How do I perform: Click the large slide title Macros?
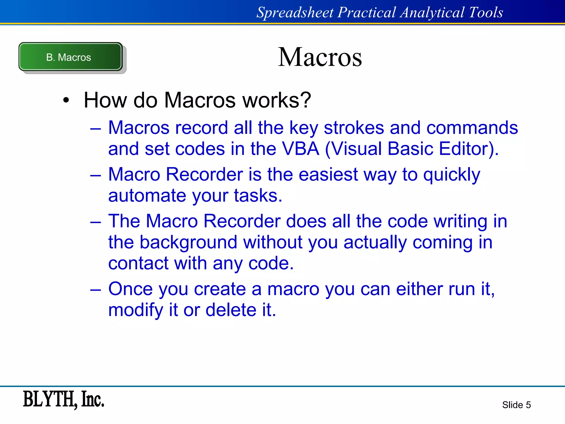[320, 57]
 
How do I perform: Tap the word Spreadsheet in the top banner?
[295, 12]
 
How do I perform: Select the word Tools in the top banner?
[486, 12]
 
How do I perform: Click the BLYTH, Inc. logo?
[63, 399]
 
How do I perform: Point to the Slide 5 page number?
[516, 405]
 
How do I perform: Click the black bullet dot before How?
[66, 100]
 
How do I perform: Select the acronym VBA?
[300, 149]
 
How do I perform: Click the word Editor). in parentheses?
[469, 149]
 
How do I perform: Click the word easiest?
[328, 174]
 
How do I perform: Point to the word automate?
[147, 195]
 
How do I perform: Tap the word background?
[188, 242]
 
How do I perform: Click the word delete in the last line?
[231, 310]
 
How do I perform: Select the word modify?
[136, 310]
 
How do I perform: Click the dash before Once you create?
[95, 289]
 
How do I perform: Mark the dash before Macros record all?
[95, 128]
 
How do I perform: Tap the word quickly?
[452, 175]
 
